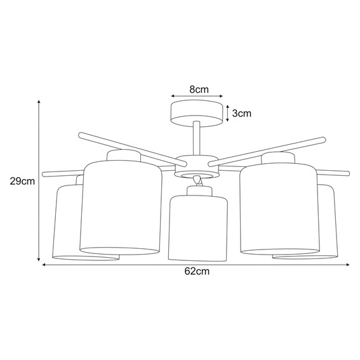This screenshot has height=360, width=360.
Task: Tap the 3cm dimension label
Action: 242,114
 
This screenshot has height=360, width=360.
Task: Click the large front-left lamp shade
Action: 121,207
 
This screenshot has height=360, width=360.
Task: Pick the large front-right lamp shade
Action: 276,207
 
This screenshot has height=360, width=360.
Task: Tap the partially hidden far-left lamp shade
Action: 66,222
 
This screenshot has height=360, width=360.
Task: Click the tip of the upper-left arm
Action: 80,135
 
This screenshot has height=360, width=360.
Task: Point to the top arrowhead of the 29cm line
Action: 39,102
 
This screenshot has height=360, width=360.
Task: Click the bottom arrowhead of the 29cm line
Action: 39,260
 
